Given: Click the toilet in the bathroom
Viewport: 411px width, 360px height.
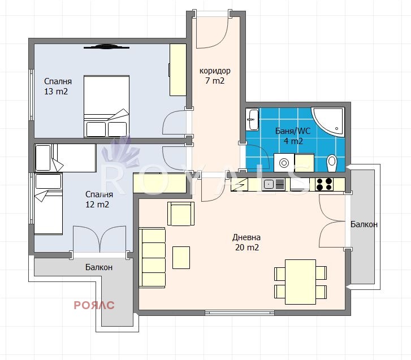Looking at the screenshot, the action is tap(332, 163).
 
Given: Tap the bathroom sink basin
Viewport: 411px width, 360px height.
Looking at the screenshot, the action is tap(252, 119).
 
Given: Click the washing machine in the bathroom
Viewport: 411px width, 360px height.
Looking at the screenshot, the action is tap(284, 163).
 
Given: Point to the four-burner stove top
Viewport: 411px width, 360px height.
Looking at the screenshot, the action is tap(325, 184).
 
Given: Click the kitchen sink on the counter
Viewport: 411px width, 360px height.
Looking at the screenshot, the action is tap(273, 184).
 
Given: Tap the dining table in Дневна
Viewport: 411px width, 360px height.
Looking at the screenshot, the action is tap(300, 282).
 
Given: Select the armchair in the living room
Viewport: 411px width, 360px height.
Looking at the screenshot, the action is tap(181, 214).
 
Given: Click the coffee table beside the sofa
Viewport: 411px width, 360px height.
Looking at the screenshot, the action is tap(181, 258).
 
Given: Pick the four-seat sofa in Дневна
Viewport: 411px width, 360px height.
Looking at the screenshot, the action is tap(152, 258).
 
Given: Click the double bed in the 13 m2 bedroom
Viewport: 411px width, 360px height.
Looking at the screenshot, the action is tap(106, 106).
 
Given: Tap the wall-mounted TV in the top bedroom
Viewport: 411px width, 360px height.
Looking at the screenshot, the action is tap(106, 47).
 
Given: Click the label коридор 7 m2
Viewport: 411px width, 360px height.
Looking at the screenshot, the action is tap(215, 76).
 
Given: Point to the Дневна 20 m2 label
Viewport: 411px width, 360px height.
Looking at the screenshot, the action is tap(246, 242).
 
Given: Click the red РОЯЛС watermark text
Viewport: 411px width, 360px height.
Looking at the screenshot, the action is tap(94, 305).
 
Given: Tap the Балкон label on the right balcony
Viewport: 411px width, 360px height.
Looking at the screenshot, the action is tap(364, 224).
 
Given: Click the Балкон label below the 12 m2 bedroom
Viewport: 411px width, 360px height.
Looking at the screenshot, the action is tap(99, 267).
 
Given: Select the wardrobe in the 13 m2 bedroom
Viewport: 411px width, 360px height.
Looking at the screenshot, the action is tap(178, 70).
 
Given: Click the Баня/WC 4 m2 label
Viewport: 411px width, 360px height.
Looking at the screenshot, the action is tap(293, 136).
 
